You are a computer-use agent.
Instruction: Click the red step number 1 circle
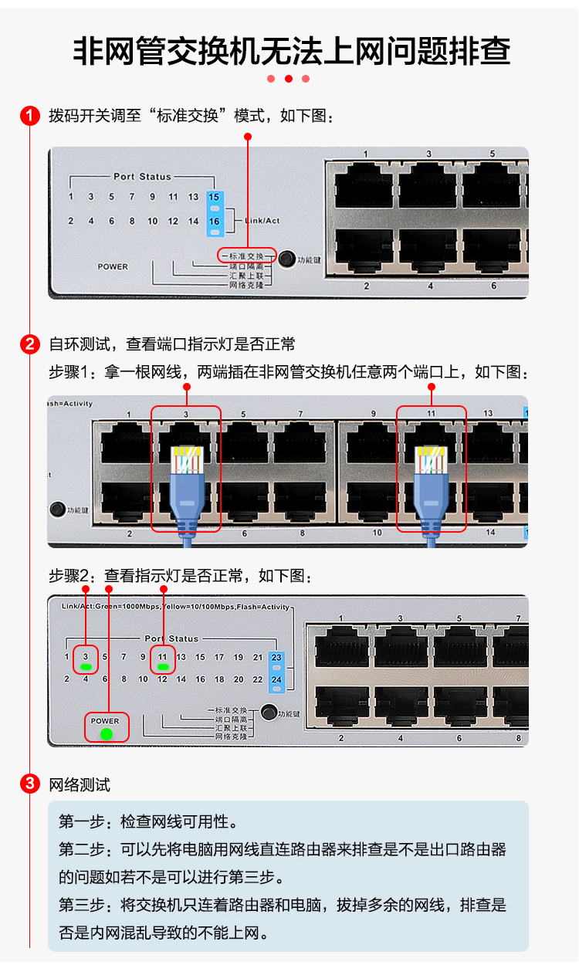(29, 117)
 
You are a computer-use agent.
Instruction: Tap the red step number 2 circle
(29, 344)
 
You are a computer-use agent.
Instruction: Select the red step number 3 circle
(29, 785)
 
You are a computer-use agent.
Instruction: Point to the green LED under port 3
(86, 666)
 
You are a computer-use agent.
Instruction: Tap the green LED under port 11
(163, 666)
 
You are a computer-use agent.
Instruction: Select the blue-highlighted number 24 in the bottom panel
(277, 680)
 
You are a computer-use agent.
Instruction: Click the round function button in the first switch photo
(287, 259)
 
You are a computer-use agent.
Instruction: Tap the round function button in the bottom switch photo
(269, 713)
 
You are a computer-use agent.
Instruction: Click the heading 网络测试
(80, 785)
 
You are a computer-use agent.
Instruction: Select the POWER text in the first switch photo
(113, 266)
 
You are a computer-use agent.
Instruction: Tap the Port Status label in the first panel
(142, 177)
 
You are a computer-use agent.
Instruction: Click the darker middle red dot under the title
(289, 79)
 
